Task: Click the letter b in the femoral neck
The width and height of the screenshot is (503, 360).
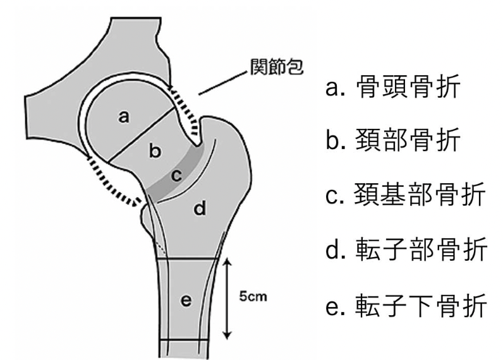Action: click(155, 151)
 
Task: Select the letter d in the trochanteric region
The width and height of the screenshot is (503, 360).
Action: click(200, 208)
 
